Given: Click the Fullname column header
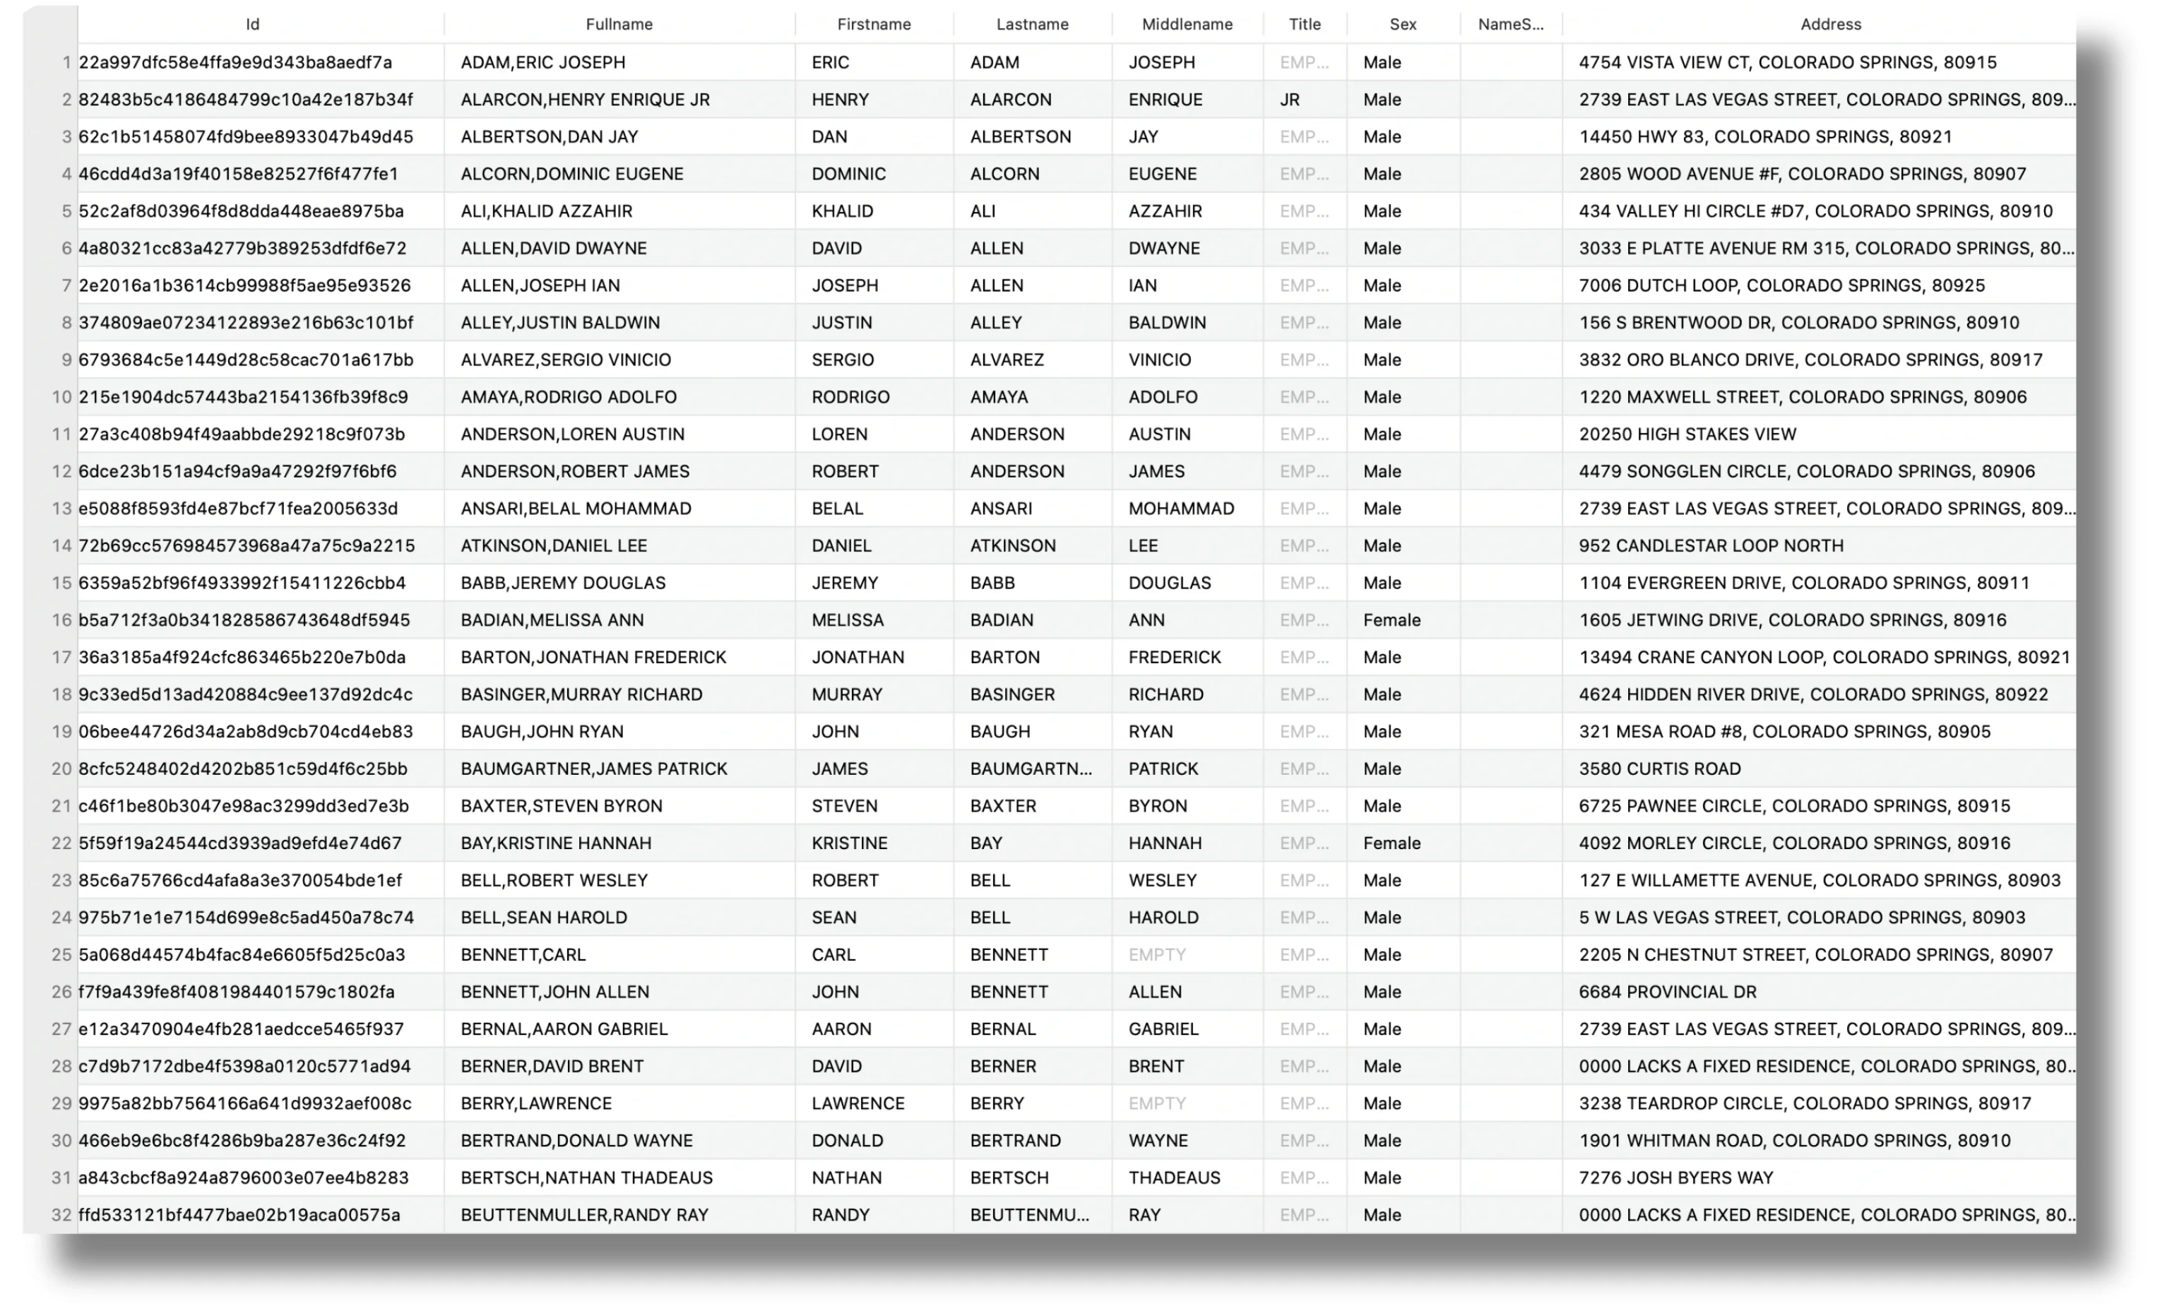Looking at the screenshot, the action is (619, 25).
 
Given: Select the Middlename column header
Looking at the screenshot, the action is (1187, 25).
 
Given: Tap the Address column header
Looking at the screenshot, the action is (1830, 25).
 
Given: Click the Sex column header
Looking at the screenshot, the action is (1403, 25).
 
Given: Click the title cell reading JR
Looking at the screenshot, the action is (1290, 100).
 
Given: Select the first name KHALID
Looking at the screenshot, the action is (842, 211).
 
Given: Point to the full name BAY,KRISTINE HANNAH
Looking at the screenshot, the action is (555, 843).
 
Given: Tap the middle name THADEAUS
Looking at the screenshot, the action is (1174, 1178).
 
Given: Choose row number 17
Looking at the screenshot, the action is (61, 657).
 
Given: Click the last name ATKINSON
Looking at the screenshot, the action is (1012, 545).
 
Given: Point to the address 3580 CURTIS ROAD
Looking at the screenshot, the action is (1659, 769).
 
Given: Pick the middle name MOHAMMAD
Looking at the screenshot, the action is (1180, 509).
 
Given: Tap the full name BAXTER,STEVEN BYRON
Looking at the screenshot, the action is (561, 806).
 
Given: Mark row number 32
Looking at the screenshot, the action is (61, 1215).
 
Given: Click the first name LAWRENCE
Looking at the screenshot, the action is (857, 1103).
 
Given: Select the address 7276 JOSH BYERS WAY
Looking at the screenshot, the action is (1675, 1178).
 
